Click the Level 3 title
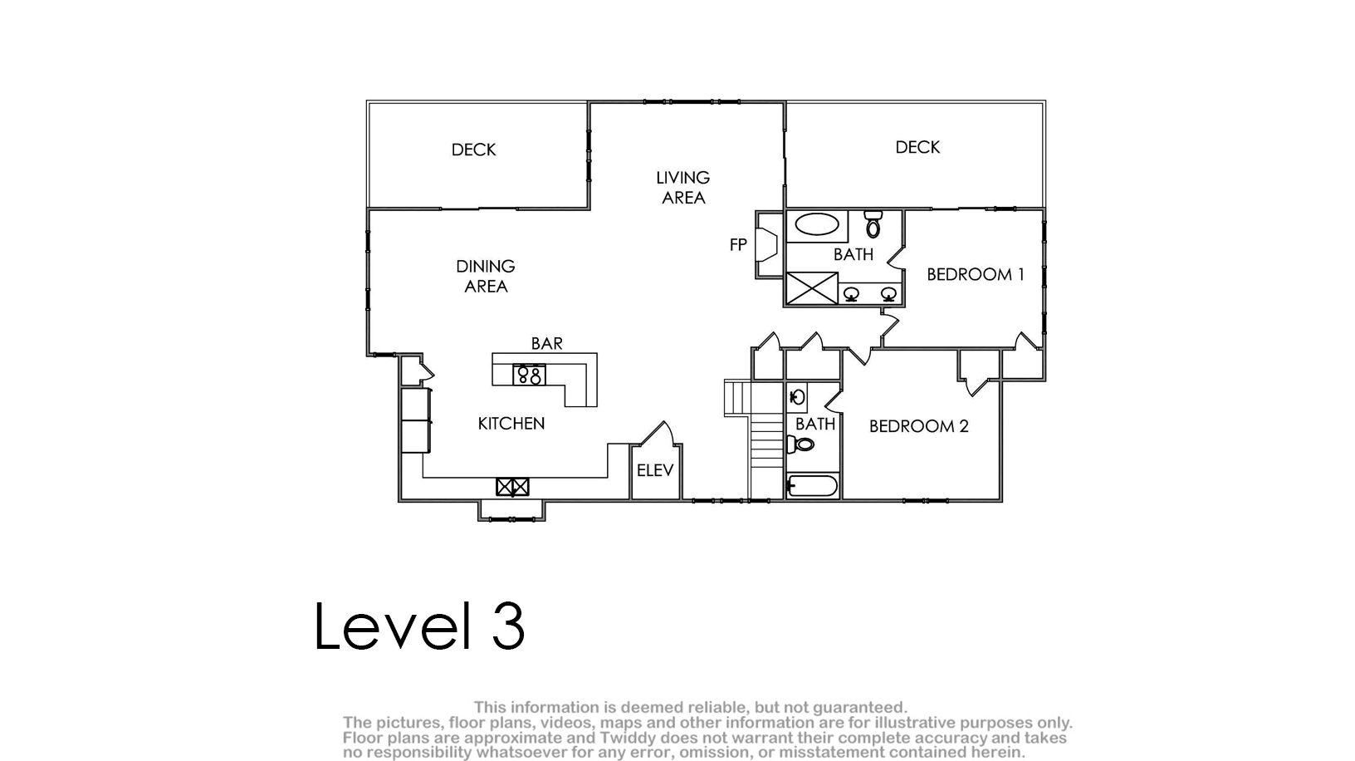[419, 626]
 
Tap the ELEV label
[655, 470]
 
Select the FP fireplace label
[738, 244]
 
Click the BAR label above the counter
[547, 343]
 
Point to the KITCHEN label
[511, 424]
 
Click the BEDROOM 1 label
[975, 275]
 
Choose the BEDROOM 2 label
[919, 426]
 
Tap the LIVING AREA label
[683, 188]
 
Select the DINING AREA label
[486, 276]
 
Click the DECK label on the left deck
[473, 150]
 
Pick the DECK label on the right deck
[917, 147]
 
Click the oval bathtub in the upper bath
[817, 224]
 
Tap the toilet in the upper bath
[873, 223]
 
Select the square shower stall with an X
[812, 288]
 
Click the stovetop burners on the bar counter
[530, 375]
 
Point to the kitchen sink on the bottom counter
[512, 487]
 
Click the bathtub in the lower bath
[812, 485]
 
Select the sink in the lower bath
[797, 398]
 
